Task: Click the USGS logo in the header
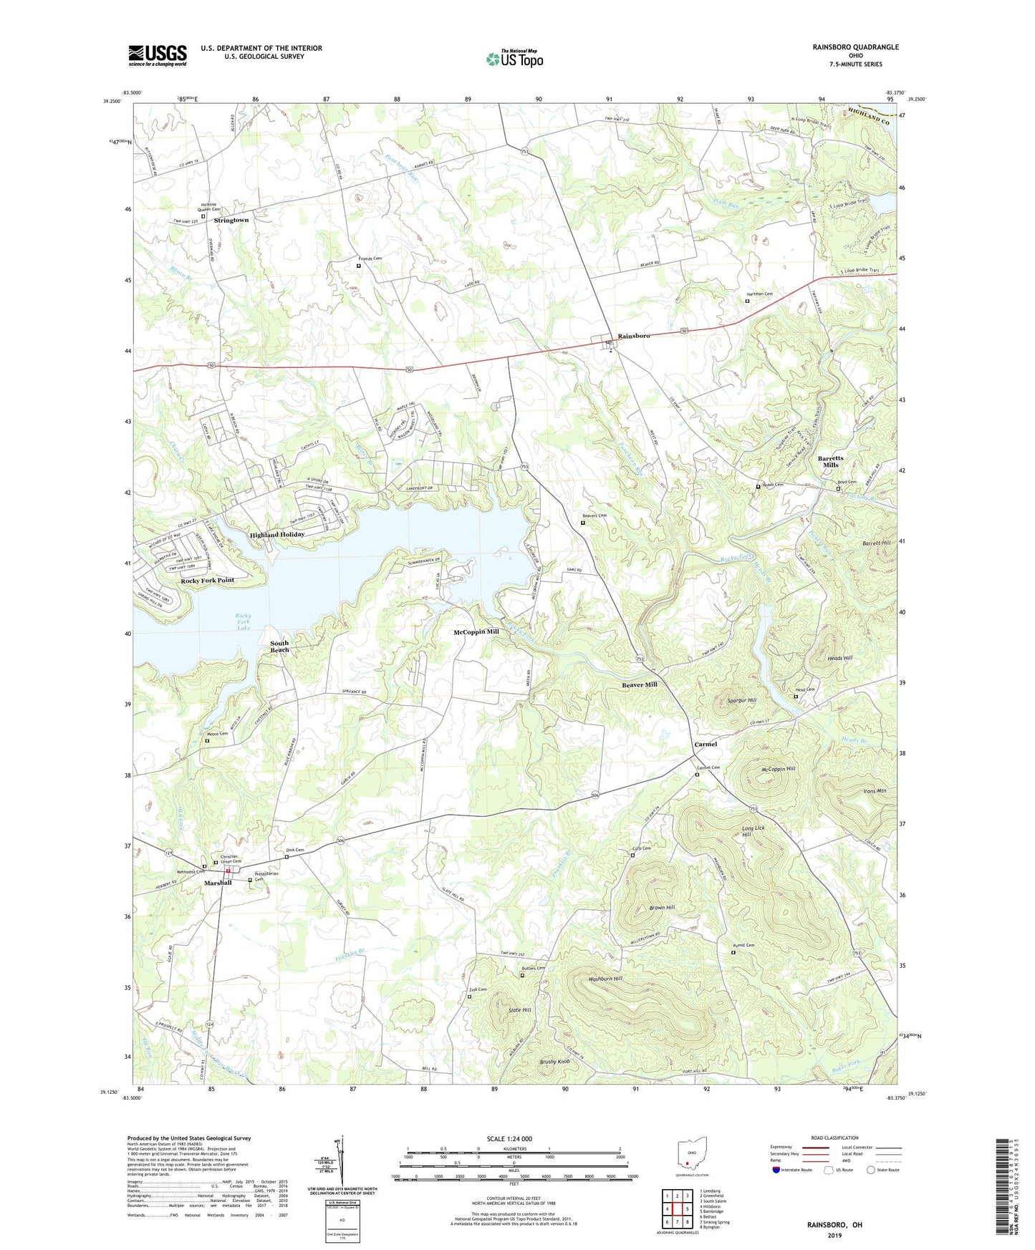(158, 55)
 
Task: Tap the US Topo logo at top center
(514, 58)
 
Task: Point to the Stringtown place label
(231, 221)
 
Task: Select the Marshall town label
(218, 883)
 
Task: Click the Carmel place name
(706, 745)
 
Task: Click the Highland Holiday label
(277, 534)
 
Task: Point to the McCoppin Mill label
(476, 632)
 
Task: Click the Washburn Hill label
(605, 979)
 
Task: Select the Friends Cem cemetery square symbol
(359, 266)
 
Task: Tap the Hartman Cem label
(760, 294)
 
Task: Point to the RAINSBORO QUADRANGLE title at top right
(855, 47)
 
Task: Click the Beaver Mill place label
(639, 684)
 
